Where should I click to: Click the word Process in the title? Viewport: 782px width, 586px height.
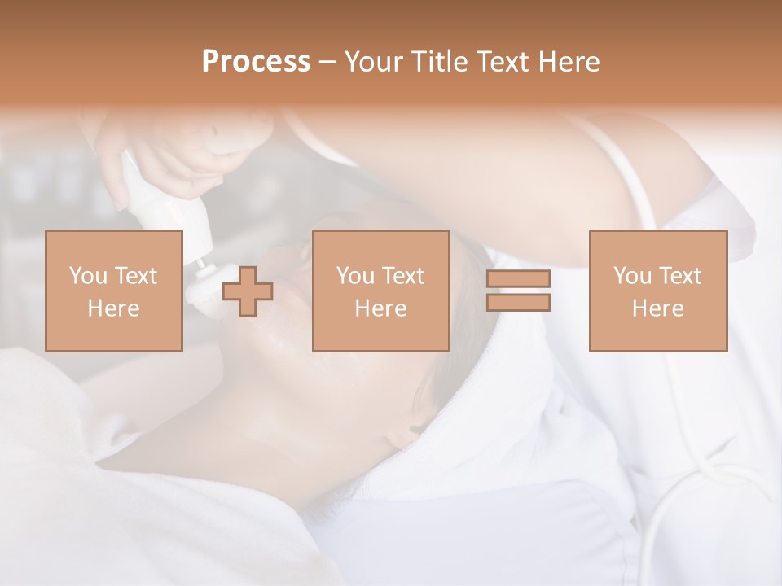click(x=256, y=62)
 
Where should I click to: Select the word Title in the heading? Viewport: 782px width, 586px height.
click(x=439, y=62)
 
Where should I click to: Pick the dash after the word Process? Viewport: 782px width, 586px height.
click(x=327, y=63)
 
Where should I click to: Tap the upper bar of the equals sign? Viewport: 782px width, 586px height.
click(x=518, y=279)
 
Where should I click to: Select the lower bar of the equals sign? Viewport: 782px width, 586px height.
click(x=518, y=303)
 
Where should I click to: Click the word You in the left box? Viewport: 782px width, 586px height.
click(x=88, y=276)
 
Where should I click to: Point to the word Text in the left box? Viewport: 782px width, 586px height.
click(x=134, y=276)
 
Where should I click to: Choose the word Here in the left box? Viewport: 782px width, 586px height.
click(x=113, y=308)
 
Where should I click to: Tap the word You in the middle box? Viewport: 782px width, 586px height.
click(x=355, y=276)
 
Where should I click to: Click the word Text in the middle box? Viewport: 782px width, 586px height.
click(x=402, y=276)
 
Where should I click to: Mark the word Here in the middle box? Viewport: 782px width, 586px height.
click(x=380, y=308)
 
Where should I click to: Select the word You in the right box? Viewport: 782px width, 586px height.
click(x=632, y=276)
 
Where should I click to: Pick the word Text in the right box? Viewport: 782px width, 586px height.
click(x=679, y=276)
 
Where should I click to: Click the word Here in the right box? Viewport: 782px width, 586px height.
click(x=657, y=308)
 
